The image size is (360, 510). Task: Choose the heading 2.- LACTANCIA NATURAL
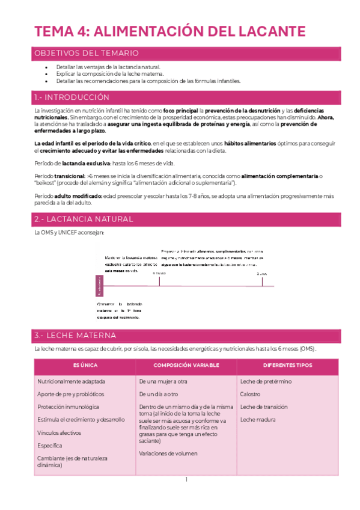[84, 219]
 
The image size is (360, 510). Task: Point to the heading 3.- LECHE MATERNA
[75, 335]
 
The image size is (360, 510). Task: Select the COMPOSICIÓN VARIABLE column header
[186, 365]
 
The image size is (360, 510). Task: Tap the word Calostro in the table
[250, 395]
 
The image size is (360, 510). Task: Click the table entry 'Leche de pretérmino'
[266, 381]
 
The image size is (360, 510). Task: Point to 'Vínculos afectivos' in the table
[59, 432]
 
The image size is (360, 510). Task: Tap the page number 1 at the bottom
[186, 479]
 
